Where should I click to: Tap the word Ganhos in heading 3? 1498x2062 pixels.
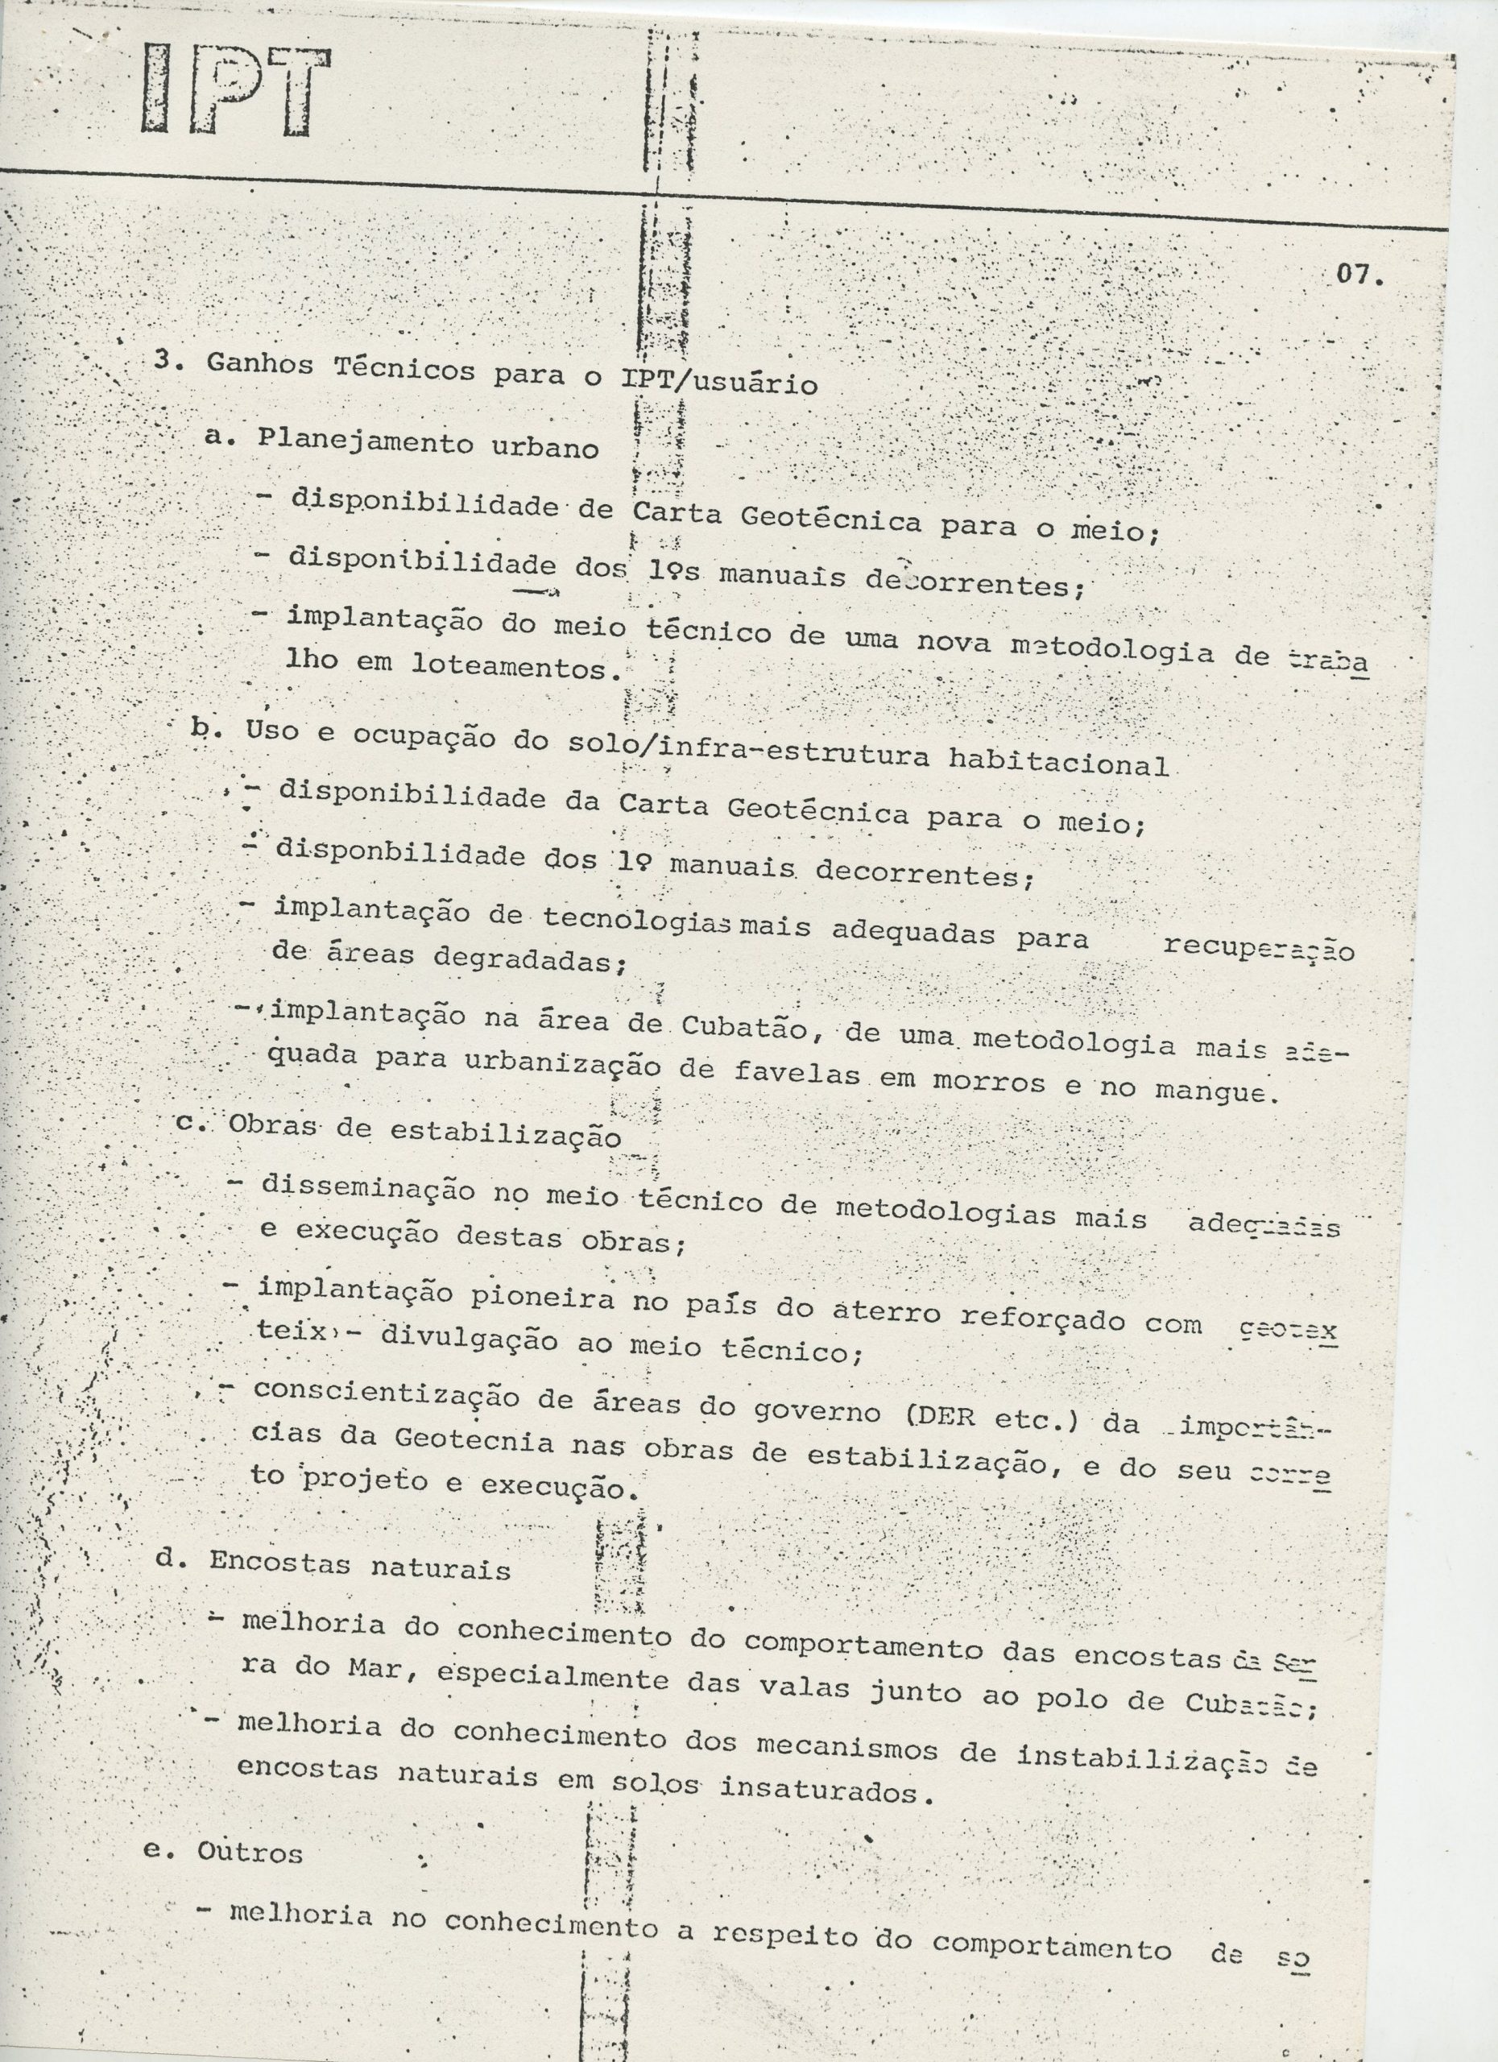tap(260, 366)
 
